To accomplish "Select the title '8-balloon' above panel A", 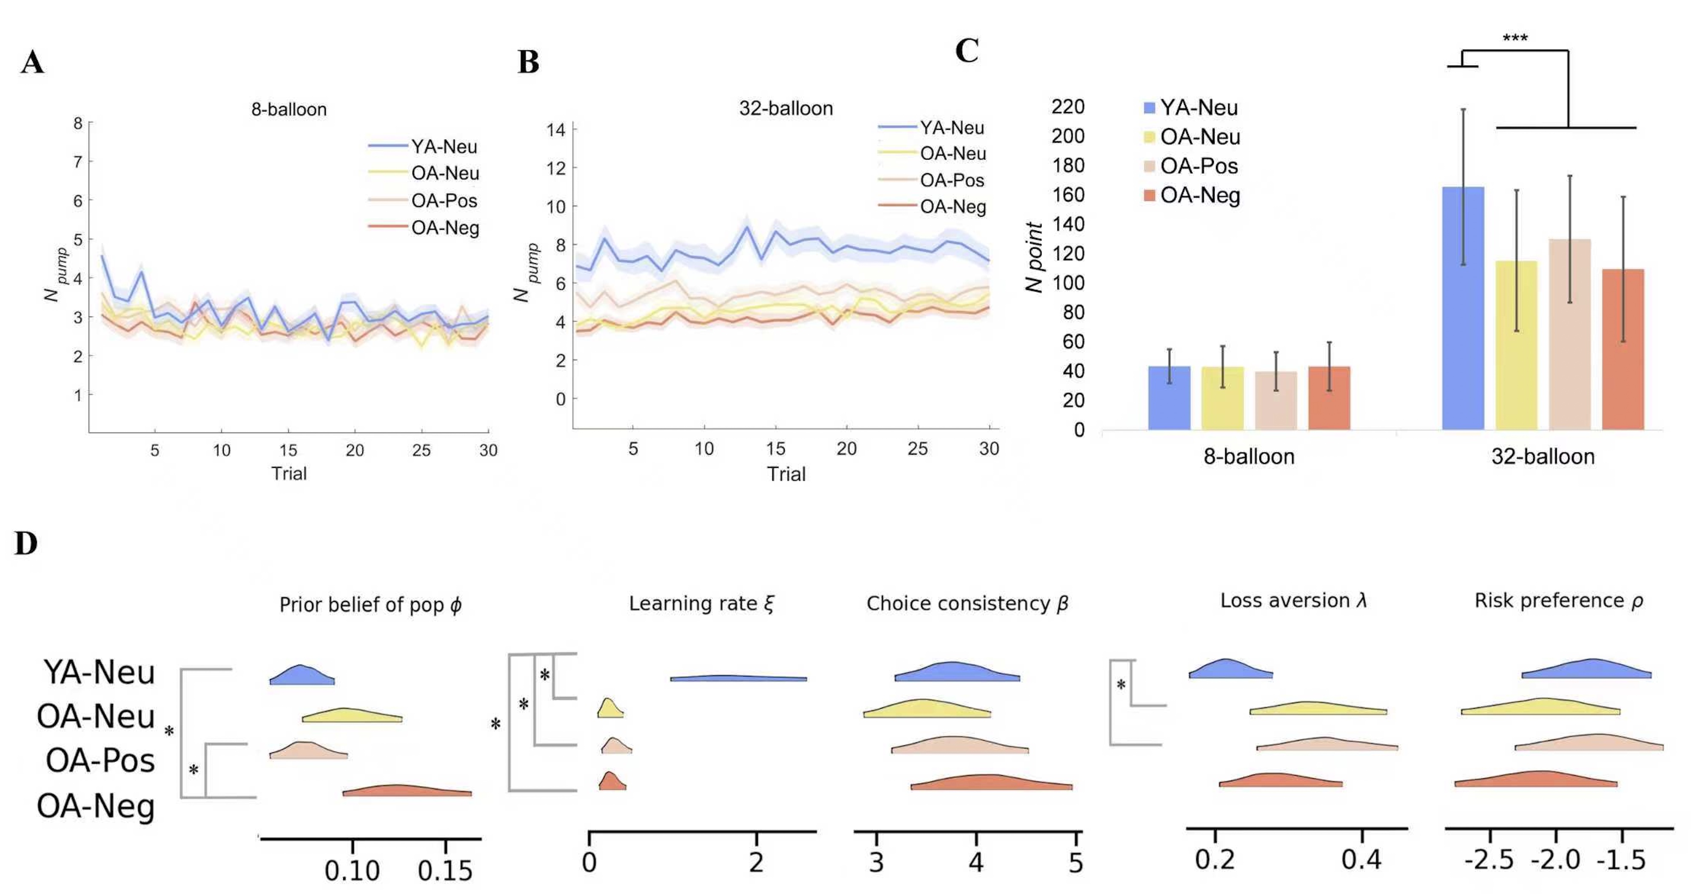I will [x=289, y=109].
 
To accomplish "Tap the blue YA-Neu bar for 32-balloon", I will [x=1463, y=309].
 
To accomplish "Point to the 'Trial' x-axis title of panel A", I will [x=289, y=473].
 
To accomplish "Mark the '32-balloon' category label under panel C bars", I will [x=1543, y=456].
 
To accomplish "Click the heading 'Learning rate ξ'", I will [x=701, y=604].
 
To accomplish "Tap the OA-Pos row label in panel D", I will [x=100, y=761].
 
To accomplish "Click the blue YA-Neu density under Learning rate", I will [x=738, y=678].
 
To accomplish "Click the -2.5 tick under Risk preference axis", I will [x=1489, y=860].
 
